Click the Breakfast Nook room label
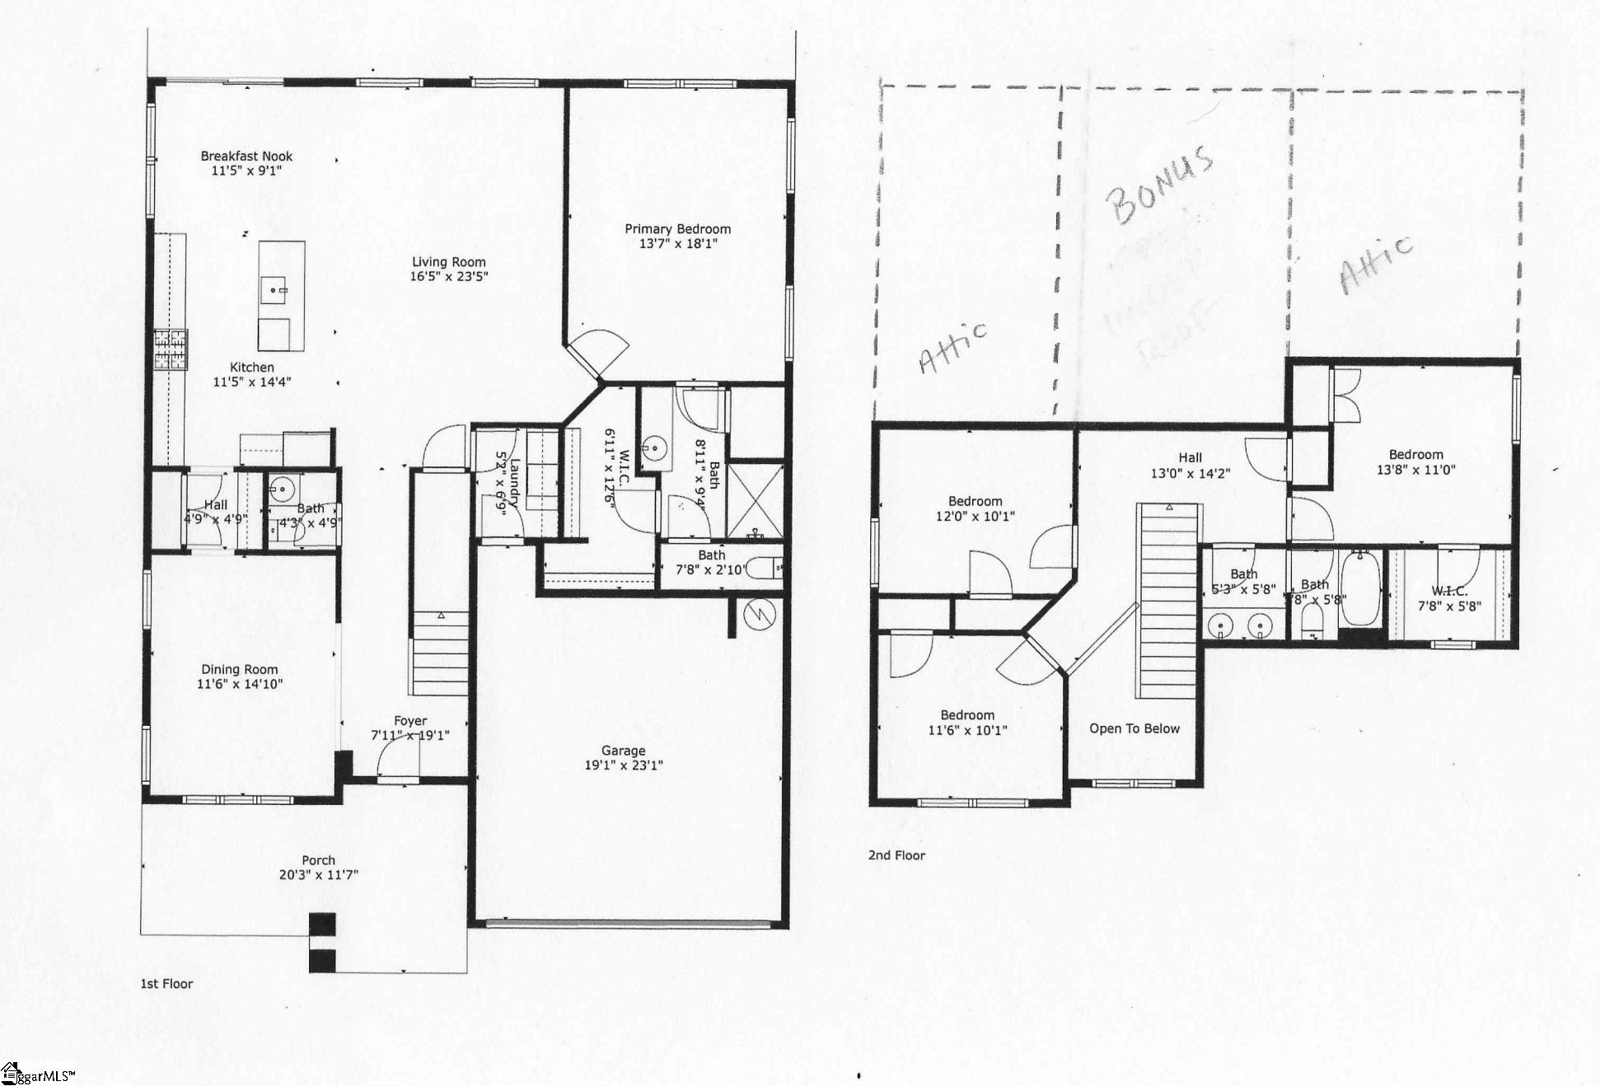[x=246, y=156]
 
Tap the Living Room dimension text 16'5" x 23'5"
[x=448, y=277]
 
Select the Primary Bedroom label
[x=677, y=229]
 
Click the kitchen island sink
[x=274, y=289]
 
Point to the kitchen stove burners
[x=171, y=349]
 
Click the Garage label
[x=623, y=751]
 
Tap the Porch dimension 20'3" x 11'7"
[x=318, y=875]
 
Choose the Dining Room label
[x=239, y=670]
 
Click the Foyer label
[x=409, y=721]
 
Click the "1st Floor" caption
[x=166, y=984]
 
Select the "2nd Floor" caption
[x=896, y=855]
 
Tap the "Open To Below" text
[x=1134, y=728]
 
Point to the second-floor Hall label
[x=1190, y=458]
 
